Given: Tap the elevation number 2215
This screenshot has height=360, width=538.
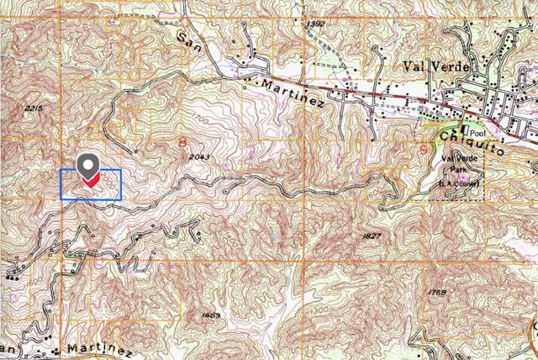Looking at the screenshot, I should [x=34, y=109].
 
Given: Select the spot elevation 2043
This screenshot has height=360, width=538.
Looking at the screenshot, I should [x=199, y=157].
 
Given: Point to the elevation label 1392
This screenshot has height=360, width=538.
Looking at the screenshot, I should [x=315, y=24].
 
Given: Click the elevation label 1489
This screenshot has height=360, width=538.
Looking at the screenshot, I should [x=211, y=315].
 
